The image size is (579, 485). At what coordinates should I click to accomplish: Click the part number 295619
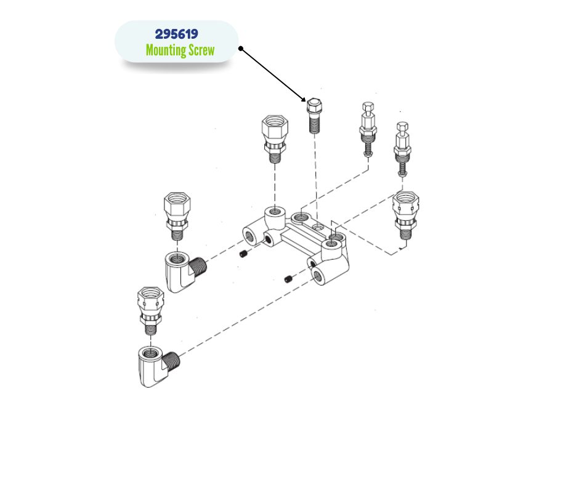click(177, 34)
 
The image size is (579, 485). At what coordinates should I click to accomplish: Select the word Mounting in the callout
click(166, 50)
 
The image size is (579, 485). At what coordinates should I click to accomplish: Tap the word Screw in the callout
click(201, 50)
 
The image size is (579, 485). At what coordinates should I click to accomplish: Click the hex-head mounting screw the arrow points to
click(314, 115)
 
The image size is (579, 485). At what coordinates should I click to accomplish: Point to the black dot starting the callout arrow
click(241, 49)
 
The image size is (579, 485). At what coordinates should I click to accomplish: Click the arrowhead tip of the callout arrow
click(306, 102)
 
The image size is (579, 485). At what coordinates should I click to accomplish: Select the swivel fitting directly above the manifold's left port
click(275, 138)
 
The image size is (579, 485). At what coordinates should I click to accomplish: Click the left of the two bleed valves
click(368, 129)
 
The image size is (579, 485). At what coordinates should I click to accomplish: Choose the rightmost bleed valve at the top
click(402, 149)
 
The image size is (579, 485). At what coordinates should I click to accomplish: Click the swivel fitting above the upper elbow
click(177, 216)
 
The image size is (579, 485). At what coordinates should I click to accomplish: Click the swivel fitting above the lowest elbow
click(150, 311)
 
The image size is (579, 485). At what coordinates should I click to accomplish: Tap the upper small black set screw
click(243, 254)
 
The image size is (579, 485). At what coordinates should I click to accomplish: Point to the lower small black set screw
click(289, 279)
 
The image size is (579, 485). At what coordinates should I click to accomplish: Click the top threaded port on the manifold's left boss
click(274, 212)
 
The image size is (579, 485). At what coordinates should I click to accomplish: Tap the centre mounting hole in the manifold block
click(317, 226)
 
